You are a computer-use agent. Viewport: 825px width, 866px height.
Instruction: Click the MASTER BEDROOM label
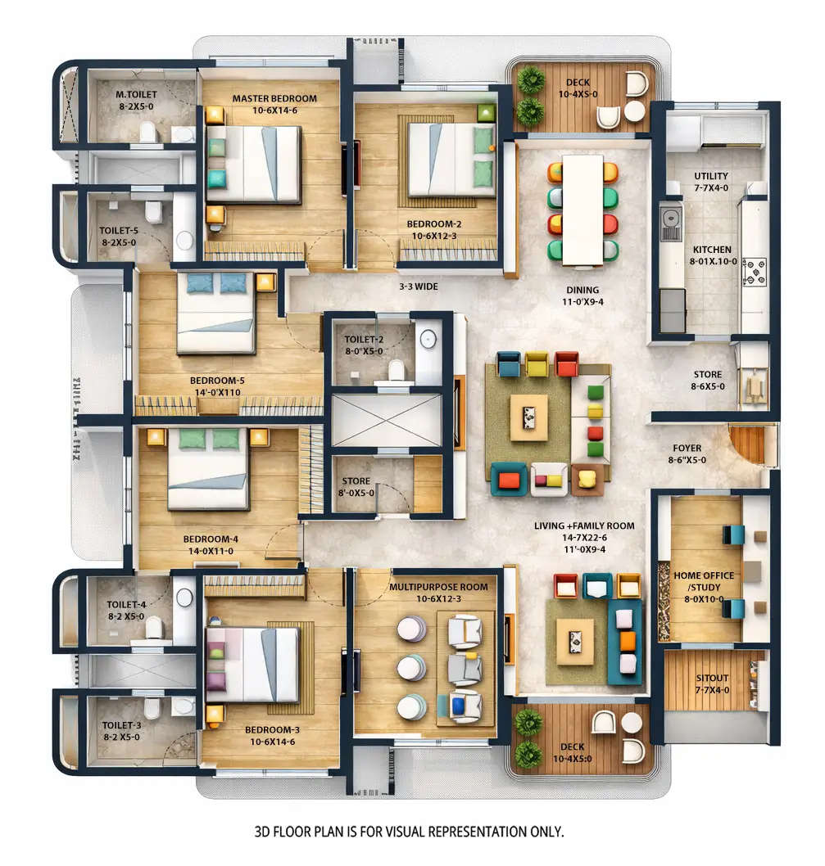pos(274,99)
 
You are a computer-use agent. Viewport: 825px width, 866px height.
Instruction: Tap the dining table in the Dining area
pos(582,210)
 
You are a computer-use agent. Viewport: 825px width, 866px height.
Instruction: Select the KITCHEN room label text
pos(712,250)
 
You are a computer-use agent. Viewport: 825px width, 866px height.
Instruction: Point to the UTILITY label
pos(710,176)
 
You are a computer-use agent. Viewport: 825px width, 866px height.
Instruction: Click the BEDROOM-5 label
pos(217,381)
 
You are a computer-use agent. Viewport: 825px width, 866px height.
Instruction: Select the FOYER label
pos(687,448)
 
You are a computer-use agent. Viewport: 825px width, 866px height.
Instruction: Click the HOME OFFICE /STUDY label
pos(704,581)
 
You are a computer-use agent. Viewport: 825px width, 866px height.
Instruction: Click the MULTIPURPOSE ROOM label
pos(438,587)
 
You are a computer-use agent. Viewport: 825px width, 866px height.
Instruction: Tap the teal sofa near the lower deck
pos(624,641)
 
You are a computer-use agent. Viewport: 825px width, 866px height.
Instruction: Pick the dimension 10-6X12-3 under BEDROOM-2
pos(434,236)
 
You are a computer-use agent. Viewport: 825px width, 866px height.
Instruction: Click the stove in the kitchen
pos(754,271)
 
